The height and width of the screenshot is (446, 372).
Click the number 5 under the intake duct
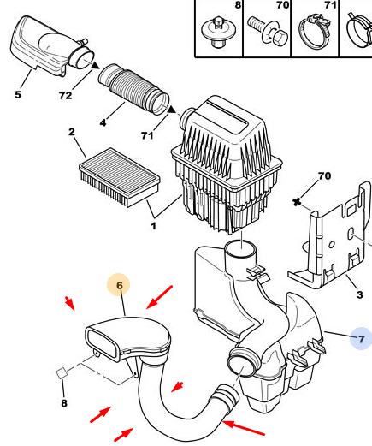[x=18, y=94]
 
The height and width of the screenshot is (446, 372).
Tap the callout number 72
[x=65, y=95]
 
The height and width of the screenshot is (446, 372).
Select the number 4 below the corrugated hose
[x=103, y=122]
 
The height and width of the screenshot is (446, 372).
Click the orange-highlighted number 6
[x=120, y=285]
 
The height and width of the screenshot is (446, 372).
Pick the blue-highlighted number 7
[x=361, y=339]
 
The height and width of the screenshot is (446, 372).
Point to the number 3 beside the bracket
[x=360, y=294]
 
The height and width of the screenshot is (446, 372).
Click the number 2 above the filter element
[x=72, y=132]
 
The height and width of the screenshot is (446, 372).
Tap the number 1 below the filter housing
[x=153, y=226]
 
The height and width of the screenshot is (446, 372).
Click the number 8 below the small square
[x=64, y=403]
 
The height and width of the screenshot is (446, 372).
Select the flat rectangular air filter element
[x=120, y=177]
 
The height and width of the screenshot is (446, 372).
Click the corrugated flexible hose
[x=134, y=89]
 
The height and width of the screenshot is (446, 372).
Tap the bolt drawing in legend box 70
[x=268, y=31]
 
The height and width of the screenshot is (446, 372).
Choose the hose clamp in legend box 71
[x=315, y=32]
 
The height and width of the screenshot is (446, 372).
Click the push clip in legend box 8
[x=218, y=32]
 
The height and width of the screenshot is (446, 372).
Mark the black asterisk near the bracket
[x=297, y=202]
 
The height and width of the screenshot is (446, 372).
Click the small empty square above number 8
[x=62, y=373]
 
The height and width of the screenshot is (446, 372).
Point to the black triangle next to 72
[x=95, y=65]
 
